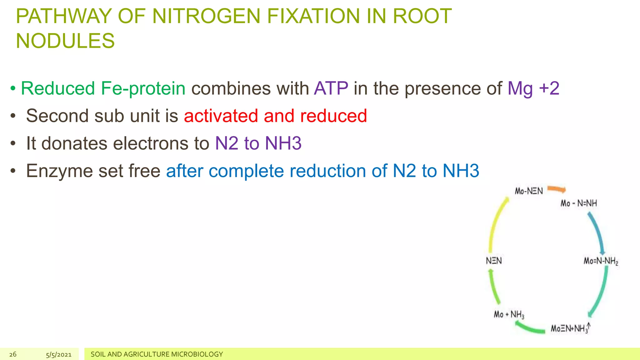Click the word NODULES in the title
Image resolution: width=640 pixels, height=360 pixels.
tap(65, 41)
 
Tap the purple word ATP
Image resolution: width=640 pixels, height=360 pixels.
tap(331, 88)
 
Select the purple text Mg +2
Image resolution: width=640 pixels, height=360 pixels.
tap(533, 88)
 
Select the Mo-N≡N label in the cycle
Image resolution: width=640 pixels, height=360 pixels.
tap(529, 191)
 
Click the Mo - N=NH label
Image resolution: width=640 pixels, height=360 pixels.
tap(578, 203)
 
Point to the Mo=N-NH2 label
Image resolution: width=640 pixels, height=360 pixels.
tap(601, 261)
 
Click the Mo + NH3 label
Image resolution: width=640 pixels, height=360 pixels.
tap(509, 314)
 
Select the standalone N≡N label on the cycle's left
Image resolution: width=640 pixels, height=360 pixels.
tap(494, 261)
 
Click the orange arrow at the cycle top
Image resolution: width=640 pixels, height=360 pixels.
tap(557, 189)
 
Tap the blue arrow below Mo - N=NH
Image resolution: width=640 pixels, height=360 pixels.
tap(597, 233)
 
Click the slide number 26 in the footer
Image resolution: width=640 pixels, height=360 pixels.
tap(13, 354)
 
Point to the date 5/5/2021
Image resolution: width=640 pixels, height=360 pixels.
tap(59, 354)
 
